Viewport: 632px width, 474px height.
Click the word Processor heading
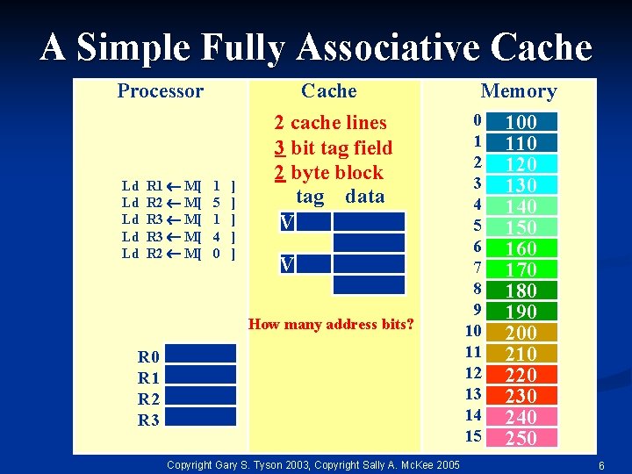coord(160,91)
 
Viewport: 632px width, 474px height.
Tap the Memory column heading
coord(519,91)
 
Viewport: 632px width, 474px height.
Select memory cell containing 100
coord(521,122)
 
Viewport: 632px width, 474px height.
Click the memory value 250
coord(521,438)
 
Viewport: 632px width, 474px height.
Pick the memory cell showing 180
coord(521,291)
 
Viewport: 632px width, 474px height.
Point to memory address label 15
coord(474,436)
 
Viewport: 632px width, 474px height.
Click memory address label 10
coord(474,331)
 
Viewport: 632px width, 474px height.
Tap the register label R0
coord(148,357)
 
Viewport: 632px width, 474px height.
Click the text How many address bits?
coord(331,325)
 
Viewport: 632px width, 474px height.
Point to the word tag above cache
coord(310,196)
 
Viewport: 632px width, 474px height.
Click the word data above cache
coord(365,196)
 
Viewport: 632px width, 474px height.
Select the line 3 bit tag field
coord(333,147)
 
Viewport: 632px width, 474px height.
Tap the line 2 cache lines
coord(330,123)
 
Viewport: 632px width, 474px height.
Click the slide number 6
coord(600,464)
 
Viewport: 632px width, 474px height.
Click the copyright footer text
coord(312,463)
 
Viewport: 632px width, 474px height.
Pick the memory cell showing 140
coord(521,206)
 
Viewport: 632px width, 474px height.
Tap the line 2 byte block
coord(328,172)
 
